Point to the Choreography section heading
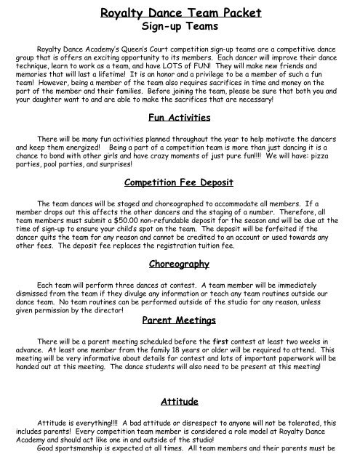pos(179,262)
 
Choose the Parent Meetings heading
pos(179,318)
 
